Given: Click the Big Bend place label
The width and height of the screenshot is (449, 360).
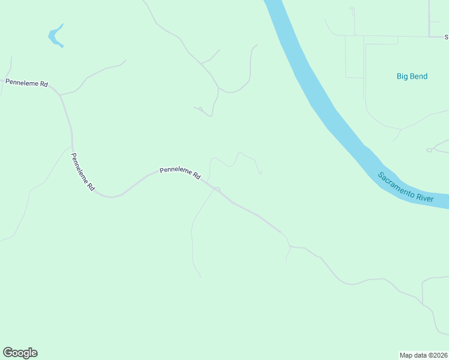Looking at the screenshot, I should [412, 76].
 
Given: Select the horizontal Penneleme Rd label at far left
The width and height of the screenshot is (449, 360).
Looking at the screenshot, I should [26, 83].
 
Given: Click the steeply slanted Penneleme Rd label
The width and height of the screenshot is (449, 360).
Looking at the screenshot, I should [83, 172].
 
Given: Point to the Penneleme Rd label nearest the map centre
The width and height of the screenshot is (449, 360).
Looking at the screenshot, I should [179, 173].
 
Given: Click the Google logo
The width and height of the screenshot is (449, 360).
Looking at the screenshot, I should [20, 353].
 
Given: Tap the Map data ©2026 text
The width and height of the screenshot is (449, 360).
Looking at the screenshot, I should [424, 355].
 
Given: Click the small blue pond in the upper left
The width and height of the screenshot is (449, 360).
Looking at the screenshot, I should [55, 37].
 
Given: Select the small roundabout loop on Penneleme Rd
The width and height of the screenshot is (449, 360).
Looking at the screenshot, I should [217, 189].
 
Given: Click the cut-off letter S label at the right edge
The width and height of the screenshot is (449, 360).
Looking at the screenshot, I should [447, 37].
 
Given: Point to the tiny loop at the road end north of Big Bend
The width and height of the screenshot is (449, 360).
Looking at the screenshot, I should [352, 8].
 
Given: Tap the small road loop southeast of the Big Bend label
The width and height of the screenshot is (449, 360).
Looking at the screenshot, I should [429, 150].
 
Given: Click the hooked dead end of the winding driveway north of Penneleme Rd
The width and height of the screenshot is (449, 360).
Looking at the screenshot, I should [260, 173].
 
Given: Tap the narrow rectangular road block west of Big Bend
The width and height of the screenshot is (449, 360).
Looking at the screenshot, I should [354, 57].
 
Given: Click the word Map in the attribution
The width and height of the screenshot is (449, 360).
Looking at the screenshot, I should [407, 355].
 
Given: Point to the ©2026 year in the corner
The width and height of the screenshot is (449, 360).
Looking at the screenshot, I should [437, 355].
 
